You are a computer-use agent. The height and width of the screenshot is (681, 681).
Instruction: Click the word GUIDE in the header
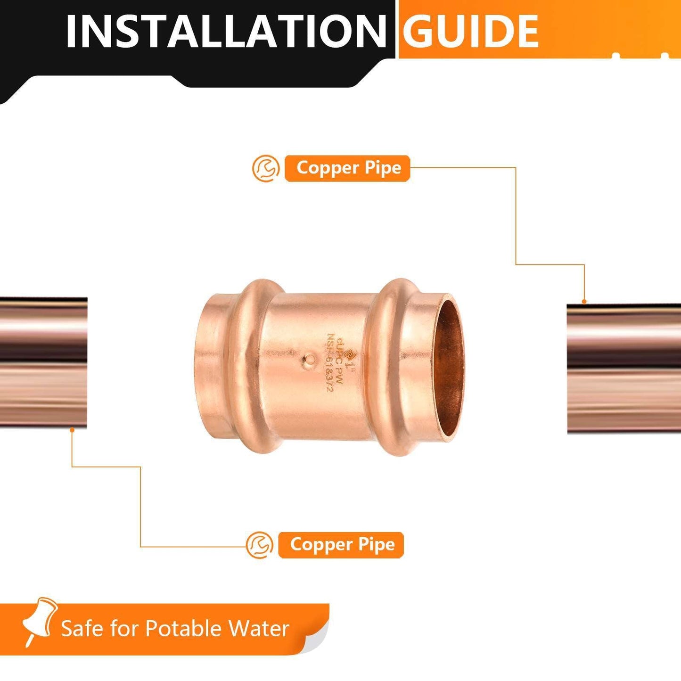(x=471, y=31)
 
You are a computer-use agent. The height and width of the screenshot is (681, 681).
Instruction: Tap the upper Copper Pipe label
(x=348, y=168)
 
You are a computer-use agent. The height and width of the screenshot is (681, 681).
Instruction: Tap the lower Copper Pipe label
(x=342, y=545)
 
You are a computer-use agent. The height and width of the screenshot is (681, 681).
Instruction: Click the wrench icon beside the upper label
(x=266, y=168)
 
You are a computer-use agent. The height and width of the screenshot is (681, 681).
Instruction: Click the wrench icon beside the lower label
(x=260, y=545)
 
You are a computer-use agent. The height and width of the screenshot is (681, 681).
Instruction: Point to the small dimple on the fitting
(x=310, y=361)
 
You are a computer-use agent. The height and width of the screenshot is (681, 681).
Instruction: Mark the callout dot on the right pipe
(x=584, y=301)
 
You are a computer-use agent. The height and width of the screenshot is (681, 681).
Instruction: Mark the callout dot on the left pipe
(x=72, y=429)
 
